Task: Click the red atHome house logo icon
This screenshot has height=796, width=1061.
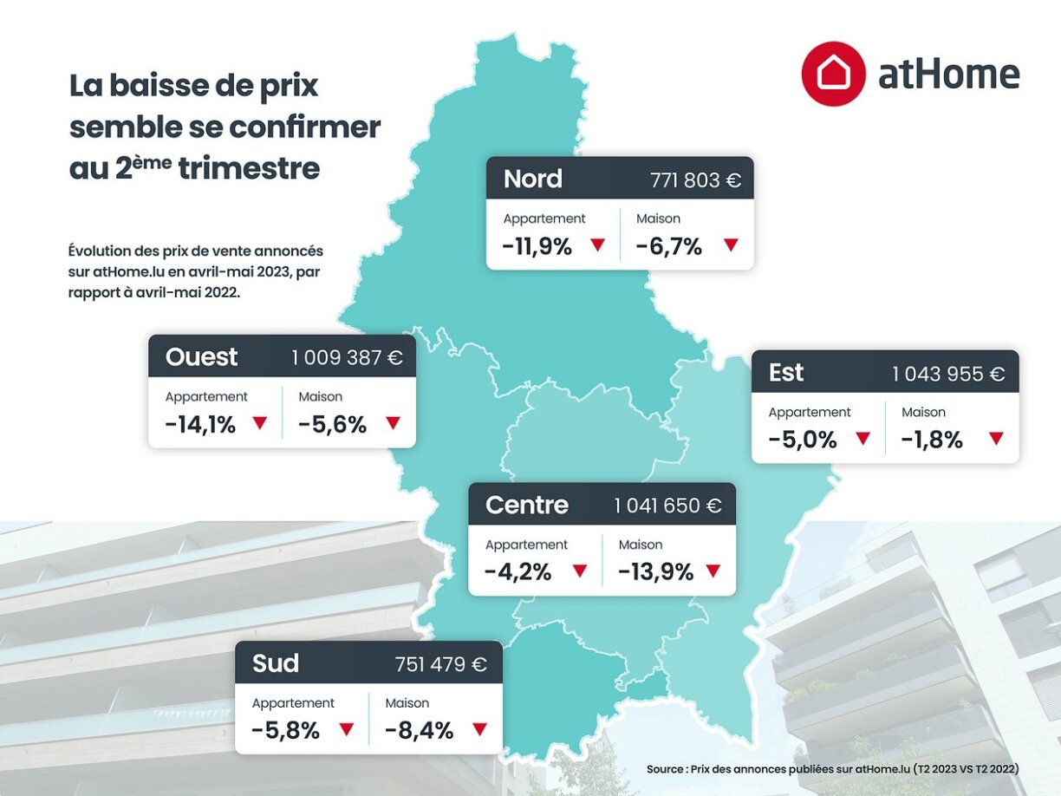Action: pos(833,74)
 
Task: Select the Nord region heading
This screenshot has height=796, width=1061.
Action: pos(533,179)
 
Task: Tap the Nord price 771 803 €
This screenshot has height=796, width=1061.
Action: pos(695,180)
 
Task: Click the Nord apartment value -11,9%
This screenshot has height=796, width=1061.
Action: pos(537,246)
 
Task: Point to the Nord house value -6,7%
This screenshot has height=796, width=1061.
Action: pos(668,246)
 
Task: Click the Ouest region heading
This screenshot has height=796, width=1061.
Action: pos(201,357)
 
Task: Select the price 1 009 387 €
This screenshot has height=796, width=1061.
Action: pos(347,358)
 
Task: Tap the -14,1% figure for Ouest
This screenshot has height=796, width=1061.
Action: pos(200,425)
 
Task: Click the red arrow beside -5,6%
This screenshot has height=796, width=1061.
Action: pos(394,423)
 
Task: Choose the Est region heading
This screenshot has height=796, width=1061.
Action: pos(786,373)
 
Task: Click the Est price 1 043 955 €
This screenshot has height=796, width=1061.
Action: pos(948,375)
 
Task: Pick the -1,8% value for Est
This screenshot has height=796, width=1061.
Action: pos(932,440)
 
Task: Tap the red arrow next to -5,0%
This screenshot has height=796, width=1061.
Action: pos(862,439)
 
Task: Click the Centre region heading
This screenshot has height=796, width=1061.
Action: pos(527,506)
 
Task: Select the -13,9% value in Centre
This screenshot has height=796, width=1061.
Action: pos(655,572)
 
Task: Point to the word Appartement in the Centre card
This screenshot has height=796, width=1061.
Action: pos(526,545)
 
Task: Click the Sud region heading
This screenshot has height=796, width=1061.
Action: pos(276,664)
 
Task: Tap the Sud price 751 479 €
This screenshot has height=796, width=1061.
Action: pos(440,665)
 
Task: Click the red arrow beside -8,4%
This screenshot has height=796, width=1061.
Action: pos(480,729)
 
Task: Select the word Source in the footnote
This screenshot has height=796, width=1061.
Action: pos(665,769)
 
